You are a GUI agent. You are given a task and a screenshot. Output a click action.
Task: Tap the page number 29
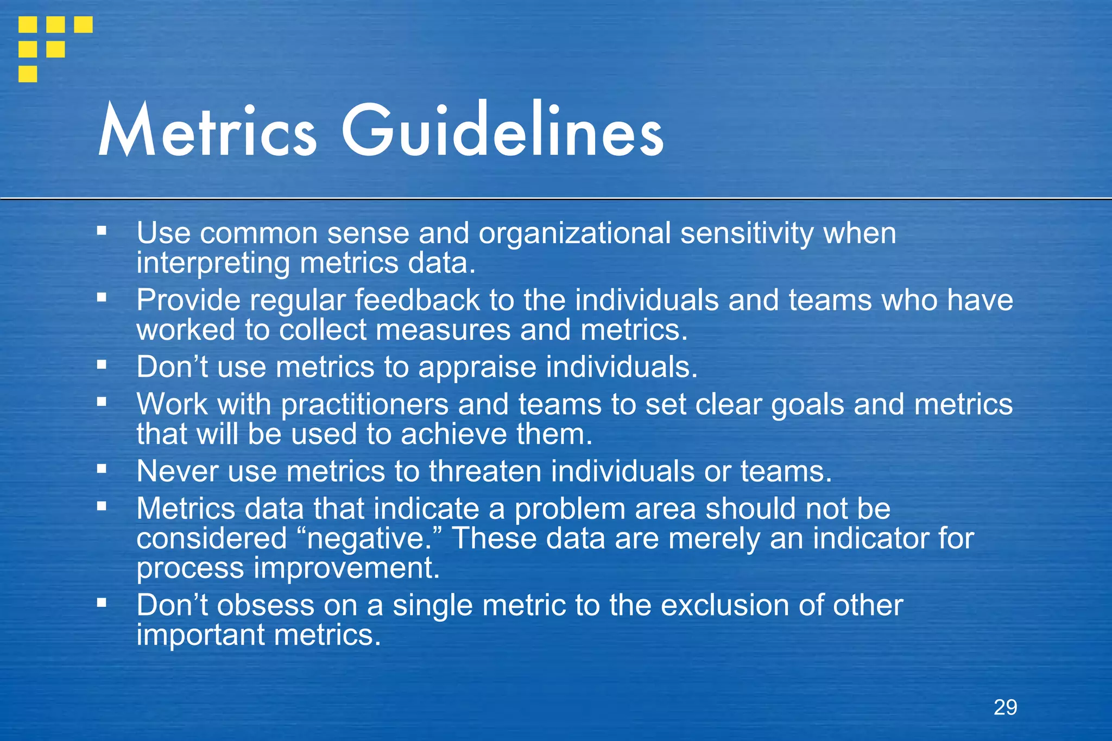click(1005, 707)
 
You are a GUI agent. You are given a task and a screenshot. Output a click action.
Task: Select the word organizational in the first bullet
click(574, 233)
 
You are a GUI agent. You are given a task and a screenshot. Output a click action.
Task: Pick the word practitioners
click(364, 405)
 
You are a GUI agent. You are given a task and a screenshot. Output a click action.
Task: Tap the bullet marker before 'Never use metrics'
click(102, 468)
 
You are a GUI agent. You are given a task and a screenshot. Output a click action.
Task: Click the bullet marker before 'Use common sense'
click(102, 231)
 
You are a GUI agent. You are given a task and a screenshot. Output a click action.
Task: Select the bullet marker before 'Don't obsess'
click(102, 602)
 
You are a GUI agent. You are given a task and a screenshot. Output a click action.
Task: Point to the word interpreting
click(213, 264)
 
